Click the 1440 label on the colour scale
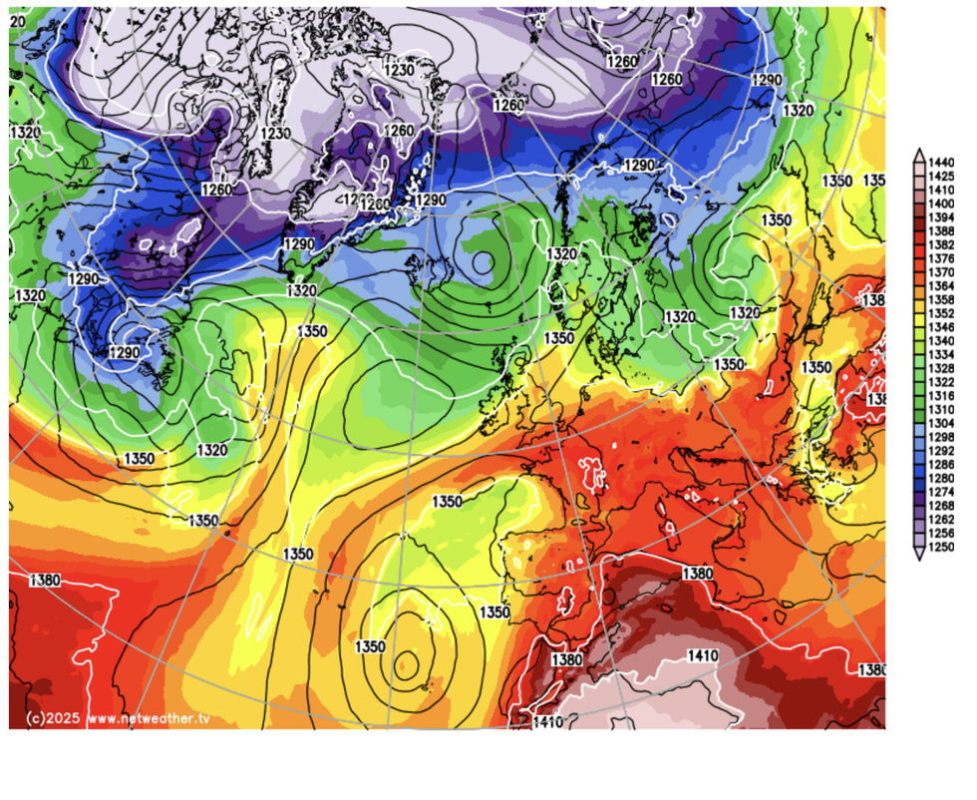(x=942, y=162)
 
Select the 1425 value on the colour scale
(x=942, y=176)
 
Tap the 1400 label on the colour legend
(x=942, y=202)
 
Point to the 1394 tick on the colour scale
(x=942, y=216)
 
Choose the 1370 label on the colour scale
(x=942, y=271)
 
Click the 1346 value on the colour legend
(x=942, y=326)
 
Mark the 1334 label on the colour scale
(x=942, y=354)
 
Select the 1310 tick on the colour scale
(x=942, y=409)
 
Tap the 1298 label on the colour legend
(x=942, y=437)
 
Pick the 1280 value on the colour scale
(x=942, y=478)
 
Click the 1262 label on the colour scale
(x=942, y=520)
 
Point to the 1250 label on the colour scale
(x=942, y=547)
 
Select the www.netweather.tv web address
(x=150, y=718)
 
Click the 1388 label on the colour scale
(x=942, y=230)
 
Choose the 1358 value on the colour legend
(x=942, y=299)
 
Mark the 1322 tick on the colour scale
(x=942, y=382)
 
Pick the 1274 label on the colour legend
(x=942, y=492)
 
